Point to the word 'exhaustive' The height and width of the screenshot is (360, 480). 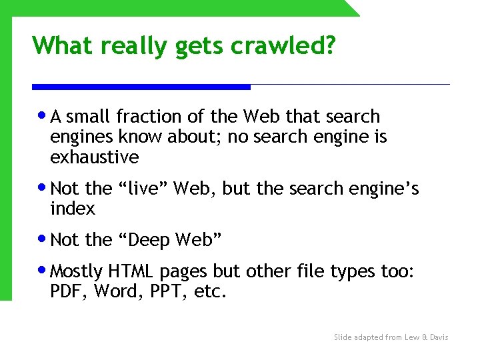(94, 157)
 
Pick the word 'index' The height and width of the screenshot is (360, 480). (72, 209)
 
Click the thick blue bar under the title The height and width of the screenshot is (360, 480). (141, 87)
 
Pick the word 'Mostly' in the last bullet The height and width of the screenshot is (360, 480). (76, 271)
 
